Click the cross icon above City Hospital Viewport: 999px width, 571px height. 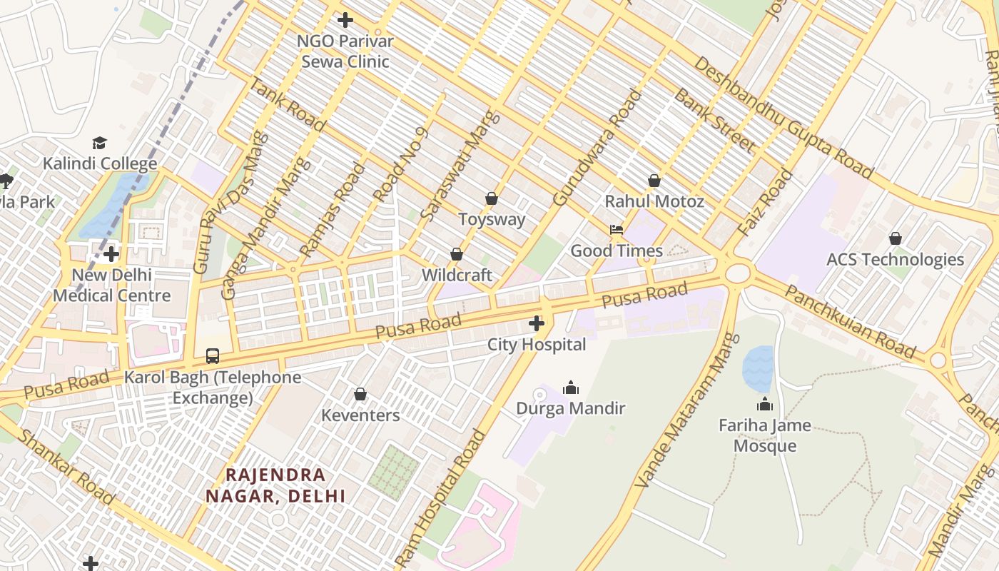point(537,323)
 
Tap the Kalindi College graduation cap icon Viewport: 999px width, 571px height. point(99,143)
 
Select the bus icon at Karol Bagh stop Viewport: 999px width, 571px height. point(213,355)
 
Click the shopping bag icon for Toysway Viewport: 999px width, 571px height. point(491,198)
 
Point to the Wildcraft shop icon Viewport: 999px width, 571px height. point(457,254)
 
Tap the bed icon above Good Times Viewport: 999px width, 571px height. point(617,230)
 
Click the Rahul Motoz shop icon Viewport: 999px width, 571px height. point(654,181)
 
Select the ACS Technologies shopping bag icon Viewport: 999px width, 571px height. point(895,238)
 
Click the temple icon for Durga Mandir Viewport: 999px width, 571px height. point(570,388)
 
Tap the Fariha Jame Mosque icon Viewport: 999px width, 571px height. point(765,405)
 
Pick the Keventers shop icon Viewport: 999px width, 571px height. point(360,394)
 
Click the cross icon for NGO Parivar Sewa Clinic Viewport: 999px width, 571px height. point(345,20)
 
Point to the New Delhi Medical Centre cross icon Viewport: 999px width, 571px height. point(111,254)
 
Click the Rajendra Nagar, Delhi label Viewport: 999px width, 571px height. point(275,485)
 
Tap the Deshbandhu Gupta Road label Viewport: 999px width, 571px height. point(782,118)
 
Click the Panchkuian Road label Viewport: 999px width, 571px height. point(849,321)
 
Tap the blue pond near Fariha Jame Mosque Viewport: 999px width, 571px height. point(758,368)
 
